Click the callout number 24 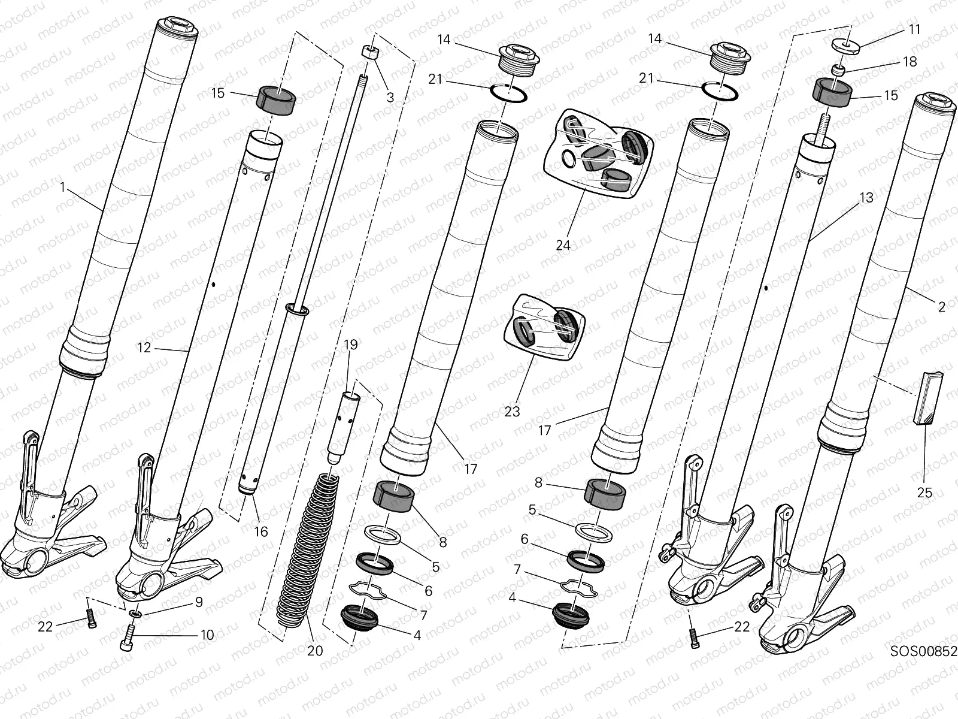563,245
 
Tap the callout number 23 512,412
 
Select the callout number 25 925,493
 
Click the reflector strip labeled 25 928,398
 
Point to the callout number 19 351,345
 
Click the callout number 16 260,531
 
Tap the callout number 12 144,347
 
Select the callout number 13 866,198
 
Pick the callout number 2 942,307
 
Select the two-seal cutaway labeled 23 548,327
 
